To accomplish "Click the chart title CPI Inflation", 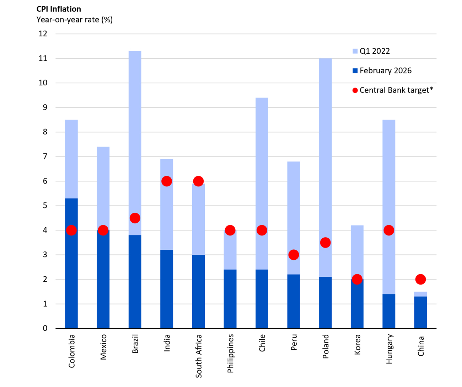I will [x=59, y=9].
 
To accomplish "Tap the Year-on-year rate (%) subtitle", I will [x=75, y=20].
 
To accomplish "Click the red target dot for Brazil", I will [x=135, y=218].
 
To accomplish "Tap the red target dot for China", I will [x=420, y=279].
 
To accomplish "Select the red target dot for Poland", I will [x=325, y=243].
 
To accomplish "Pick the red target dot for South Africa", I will [x=198, y=181].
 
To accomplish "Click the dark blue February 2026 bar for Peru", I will [x=294, y=302].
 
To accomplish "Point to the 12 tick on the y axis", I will [x=43, y=34].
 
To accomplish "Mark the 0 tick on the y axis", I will [x=45, y=328].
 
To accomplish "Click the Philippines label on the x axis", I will [x=230, y=353].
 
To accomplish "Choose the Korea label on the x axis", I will [x=357, y=344].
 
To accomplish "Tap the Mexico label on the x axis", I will [x=103, y=347].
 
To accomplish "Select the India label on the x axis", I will [x=167, y=343].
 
